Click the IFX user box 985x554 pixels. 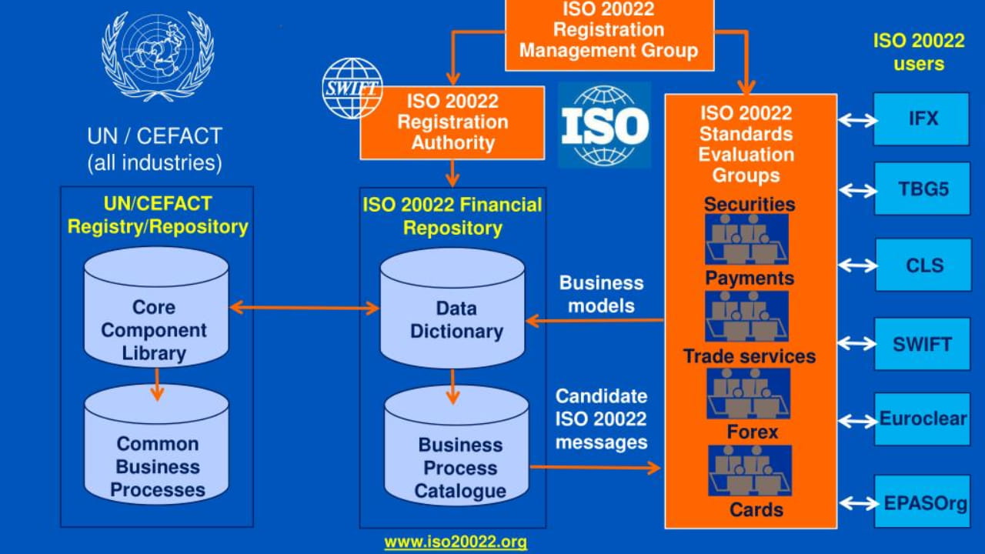coord(921,119)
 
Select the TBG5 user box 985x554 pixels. coord(923,189)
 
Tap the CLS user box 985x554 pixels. coord(923,265)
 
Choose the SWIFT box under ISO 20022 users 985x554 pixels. coord(922,344)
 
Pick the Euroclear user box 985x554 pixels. coord(922,419)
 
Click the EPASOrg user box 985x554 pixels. coord(922,502)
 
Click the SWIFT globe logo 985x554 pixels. coord(352,88)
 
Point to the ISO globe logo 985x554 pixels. coord(604,125)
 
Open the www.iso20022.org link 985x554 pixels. coord(456,542)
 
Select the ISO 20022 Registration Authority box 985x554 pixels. coord(452,122)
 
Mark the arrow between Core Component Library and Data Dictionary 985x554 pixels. coord(306,308)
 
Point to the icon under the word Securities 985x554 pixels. coord(746,239)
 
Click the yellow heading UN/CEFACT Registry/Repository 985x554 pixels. coord(157,215)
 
